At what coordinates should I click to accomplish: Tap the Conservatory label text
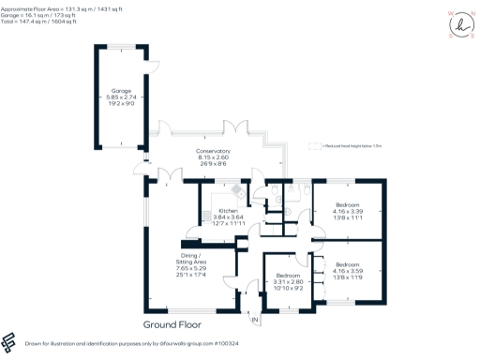pos(214,151)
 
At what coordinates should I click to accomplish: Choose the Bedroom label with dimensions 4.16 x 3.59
pos(347,265)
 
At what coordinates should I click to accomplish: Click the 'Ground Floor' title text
pos(172,324)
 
